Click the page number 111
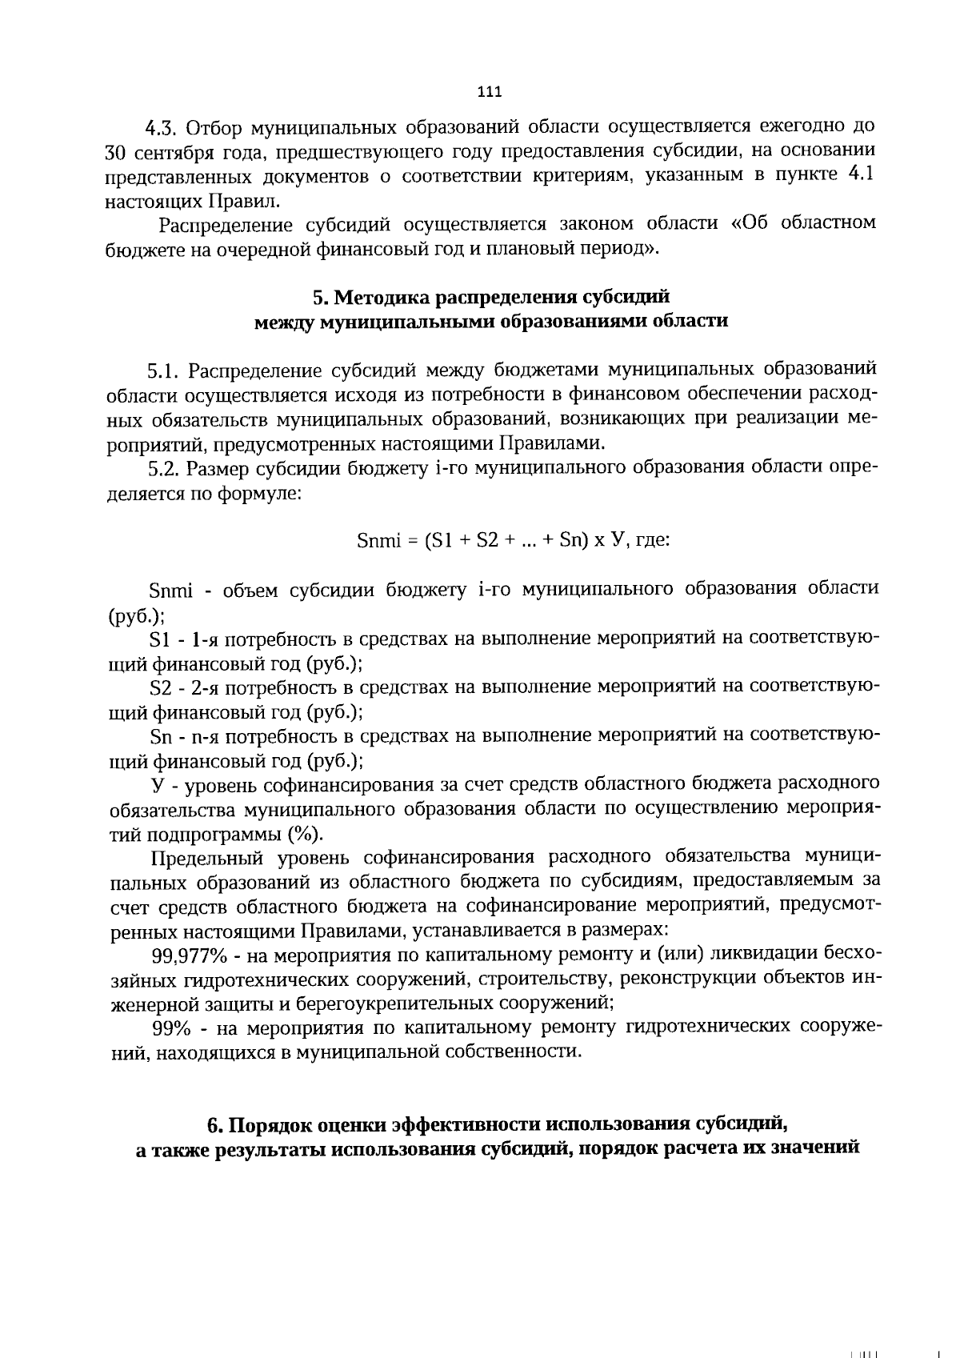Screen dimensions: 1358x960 (489, 92)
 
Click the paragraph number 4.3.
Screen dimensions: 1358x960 (165, 128)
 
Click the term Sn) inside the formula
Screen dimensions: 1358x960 (574, 540)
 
